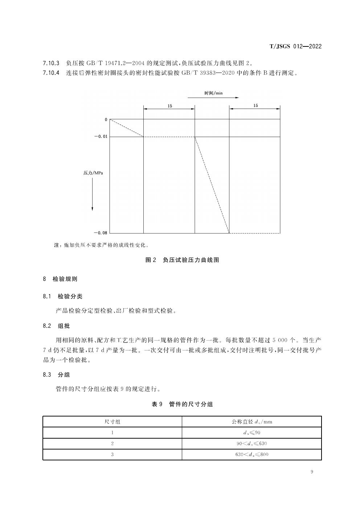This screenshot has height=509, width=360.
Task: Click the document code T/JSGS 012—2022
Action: (295, 46)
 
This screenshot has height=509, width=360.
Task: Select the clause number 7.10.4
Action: (51, 73)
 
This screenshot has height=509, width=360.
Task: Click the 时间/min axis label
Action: (213, 93)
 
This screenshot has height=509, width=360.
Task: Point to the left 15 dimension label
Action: (169, 106)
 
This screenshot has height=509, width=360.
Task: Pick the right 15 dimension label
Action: (255, 106)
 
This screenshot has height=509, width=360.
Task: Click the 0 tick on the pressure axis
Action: (106, 119)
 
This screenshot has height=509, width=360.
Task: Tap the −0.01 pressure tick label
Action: (101, 137)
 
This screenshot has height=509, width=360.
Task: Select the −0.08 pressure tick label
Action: (101, 233)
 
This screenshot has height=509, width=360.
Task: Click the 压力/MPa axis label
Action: (93, 173)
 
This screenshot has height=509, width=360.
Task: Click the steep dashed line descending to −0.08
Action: (212, 185)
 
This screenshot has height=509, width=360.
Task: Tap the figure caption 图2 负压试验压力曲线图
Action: (182, 260)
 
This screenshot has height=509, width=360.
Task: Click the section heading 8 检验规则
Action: (60, 279)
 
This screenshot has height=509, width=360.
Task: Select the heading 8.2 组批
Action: (56, 326)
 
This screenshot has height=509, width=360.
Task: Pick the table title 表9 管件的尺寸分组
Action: (182, 404)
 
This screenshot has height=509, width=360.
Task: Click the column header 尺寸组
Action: (112, 422)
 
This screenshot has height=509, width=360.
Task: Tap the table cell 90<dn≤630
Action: (251, 443)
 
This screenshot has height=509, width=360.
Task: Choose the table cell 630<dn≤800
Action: (251, 454)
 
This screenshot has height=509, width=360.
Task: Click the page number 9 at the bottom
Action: (312, 472)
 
